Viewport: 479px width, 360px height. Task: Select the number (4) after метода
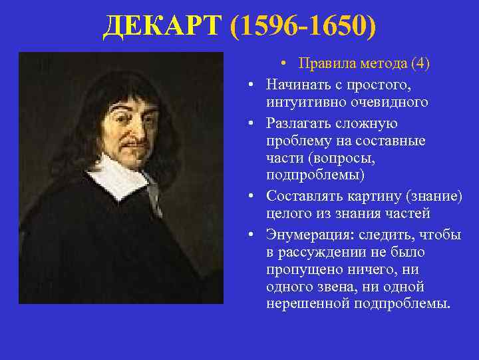click(420, 63)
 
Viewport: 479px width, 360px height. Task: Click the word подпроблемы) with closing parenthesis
click(315, 175)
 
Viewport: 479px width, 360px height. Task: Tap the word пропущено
click(300, 269)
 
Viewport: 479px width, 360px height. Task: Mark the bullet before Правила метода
click(283, 64)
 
